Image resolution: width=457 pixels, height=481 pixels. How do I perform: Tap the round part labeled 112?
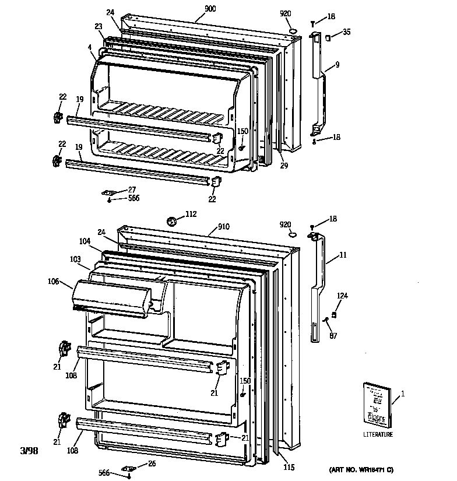172,220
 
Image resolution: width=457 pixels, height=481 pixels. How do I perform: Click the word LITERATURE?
378,434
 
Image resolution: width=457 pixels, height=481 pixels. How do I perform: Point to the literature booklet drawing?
375,404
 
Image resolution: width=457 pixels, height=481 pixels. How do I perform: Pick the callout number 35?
347,33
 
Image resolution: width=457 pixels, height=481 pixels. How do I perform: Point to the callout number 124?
342,297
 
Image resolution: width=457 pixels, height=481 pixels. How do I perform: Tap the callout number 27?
132,189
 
